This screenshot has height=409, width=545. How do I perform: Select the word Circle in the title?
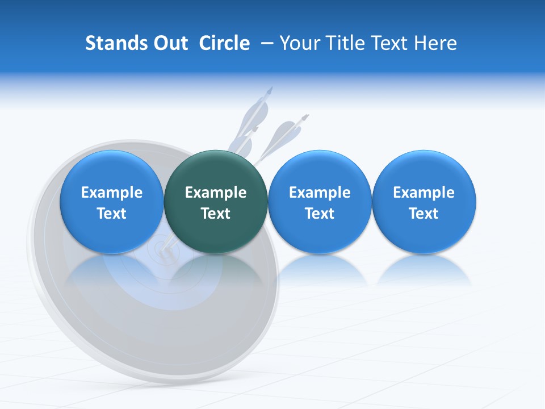[224, 43]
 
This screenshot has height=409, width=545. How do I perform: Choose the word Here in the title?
[436, 43]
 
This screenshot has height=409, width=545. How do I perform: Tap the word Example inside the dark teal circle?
[216, 193]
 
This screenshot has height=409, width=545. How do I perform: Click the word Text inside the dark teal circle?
[216, 214]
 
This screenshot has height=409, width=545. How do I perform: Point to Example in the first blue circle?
[112, 193]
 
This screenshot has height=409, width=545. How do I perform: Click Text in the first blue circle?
[112, 214]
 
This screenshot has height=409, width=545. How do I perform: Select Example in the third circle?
[320, 193]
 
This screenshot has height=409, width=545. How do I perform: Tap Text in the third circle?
[320, 214]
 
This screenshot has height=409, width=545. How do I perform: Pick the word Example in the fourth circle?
[424, 193]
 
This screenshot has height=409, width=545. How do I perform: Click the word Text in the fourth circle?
[424, 214]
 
